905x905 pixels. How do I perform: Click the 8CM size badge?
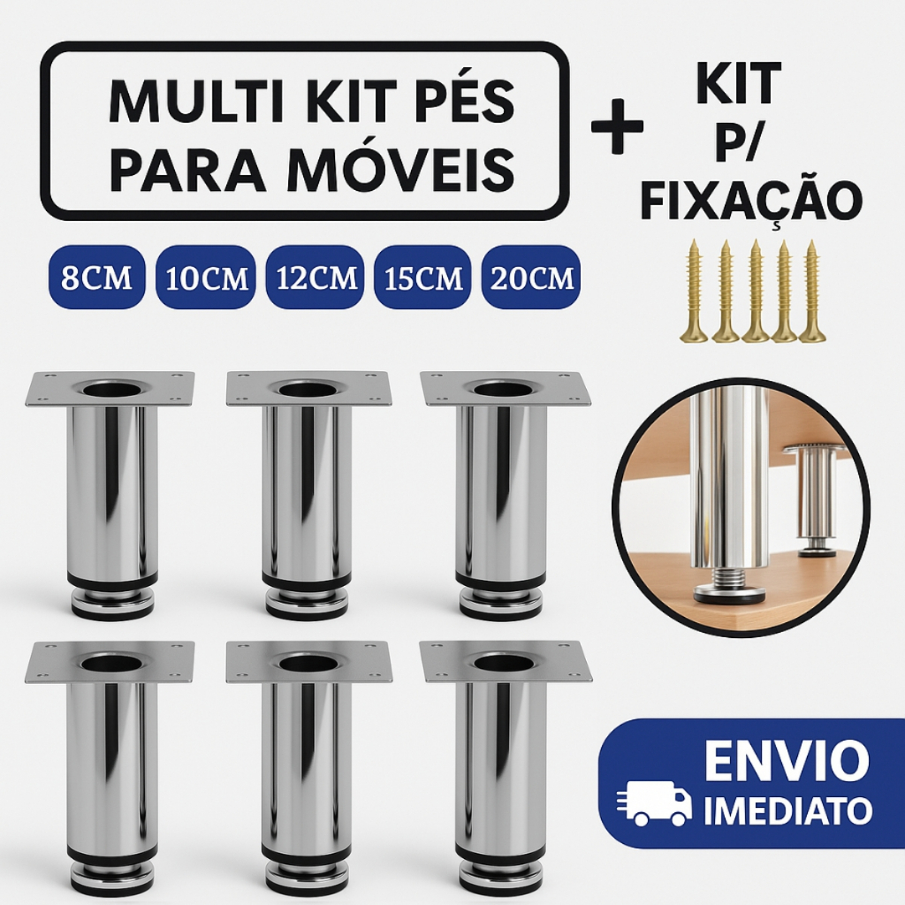[97, 277]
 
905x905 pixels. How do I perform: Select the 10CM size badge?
[206, 277]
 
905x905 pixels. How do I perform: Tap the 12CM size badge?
[316, 277]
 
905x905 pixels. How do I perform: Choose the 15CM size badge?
[423, 277]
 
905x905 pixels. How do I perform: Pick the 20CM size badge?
[531, 277]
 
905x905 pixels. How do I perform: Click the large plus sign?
[617, 126]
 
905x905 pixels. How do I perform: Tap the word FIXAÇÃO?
[751, 202]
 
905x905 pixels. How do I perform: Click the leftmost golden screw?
[695, 292]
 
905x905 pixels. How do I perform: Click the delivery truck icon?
[654, 803]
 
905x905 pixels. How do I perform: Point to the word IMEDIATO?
[787, 811]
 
